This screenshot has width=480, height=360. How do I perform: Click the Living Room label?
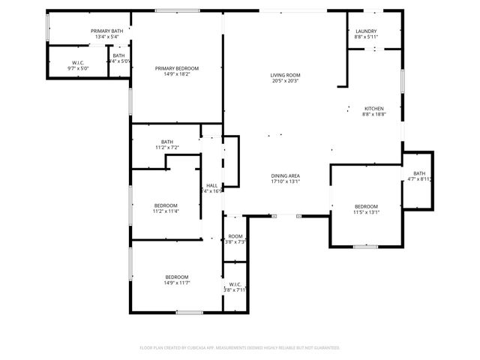click(285, 75)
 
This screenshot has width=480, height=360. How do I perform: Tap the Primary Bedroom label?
click(177, 68)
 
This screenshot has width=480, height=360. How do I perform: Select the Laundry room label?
click(367, 31)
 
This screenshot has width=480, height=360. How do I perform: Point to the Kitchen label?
click(373, 108)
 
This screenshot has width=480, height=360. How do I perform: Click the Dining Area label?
click(285, 175)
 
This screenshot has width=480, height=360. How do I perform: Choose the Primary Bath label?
click(107, 31)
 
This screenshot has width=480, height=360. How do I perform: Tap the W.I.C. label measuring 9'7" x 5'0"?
click(78, 62)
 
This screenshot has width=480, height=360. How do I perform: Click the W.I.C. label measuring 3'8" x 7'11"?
click(235, 284)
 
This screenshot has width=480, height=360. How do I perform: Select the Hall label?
click(211, 185)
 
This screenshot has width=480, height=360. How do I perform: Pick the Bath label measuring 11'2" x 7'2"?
click(166, 142)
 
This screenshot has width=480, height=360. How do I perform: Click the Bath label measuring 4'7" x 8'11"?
click(418, 173)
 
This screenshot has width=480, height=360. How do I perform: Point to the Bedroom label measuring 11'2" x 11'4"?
click(166, 205)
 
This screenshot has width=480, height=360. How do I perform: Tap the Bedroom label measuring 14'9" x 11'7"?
click(177, 276)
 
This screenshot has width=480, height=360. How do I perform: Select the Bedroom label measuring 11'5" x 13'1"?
click(366, 206)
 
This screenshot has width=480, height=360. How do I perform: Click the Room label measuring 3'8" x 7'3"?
click(235, 235)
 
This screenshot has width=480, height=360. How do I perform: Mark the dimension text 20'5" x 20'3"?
click(285, 81)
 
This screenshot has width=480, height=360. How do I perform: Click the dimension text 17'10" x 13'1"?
click(285, 181)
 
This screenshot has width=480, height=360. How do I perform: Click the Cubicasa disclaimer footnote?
click(240, 348)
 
